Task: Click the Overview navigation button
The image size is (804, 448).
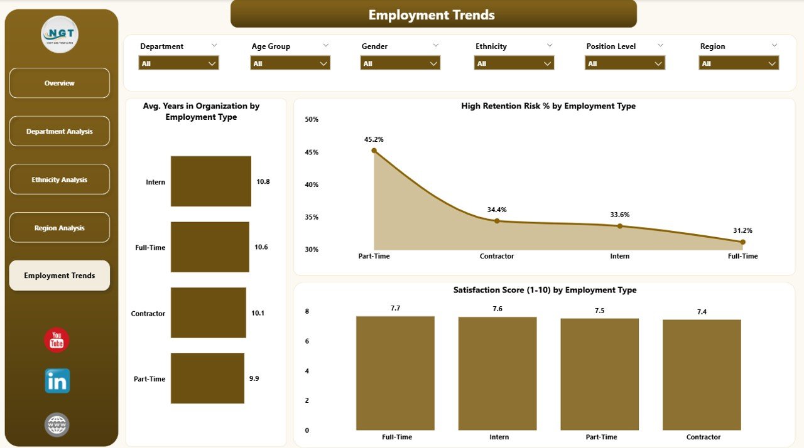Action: [x=59, y=83]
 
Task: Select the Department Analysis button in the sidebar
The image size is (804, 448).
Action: [x=59, y=131]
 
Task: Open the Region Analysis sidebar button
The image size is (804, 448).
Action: [x=59, y=228]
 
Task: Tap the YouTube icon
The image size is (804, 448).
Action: [x=57, y=340]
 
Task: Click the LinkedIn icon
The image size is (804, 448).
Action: [x=57, y=381]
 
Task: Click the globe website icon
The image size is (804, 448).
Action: [x=57, y=425]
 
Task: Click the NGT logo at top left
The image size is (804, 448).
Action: [x=59, y=35]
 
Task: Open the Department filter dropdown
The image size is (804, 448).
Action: [x=178, y=63]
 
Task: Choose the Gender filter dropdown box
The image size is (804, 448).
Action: [x=400, y=63]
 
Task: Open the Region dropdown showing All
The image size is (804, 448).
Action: [x=739, y=63]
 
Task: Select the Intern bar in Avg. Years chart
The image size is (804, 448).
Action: [x=210, y=181]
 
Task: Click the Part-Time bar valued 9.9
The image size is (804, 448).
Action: [x=207, y=378]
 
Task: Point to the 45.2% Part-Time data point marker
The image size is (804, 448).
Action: [x=374, y=151]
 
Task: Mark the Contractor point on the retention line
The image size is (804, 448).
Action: [x=497, y=221]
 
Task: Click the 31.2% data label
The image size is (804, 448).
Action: [x=742, y=230]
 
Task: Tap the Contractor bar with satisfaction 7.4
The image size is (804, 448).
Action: [x=702, y=375]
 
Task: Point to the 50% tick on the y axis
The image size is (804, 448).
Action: [x=312, y=119]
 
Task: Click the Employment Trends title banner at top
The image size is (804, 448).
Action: [x=433, y=14]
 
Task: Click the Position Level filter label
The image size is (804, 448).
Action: [x=611, y=46]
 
